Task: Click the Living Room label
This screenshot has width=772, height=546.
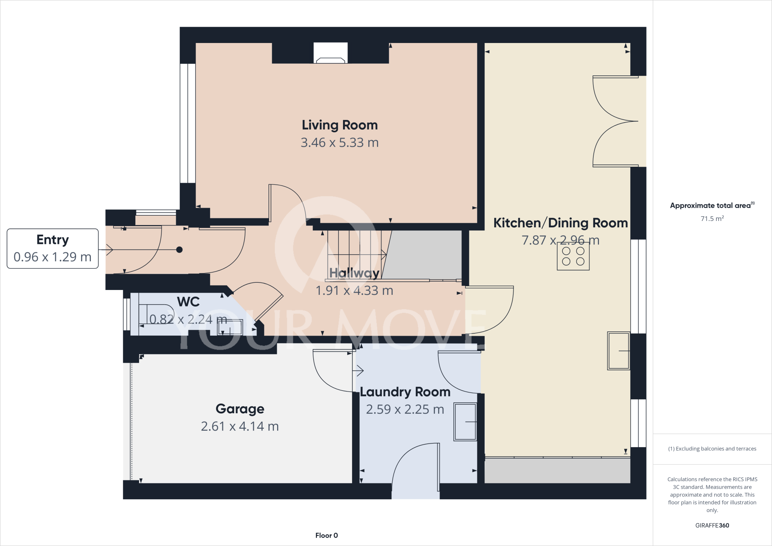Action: [x=340, y=125]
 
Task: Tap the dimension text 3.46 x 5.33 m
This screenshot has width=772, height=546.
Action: [x=340, y=143]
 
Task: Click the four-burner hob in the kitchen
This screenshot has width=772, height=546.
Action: [x=573, y=256]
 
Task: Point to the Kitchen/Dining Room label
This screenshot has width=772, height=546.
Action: [x=561, y=223]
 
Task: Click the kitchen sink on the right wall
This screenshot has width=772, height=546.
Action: [x=618, y=351]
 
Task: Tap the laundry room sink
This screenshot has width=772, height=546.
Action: [x=465, y=422]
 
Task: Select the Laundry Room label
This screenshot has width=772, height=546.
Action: [x=405, y=392]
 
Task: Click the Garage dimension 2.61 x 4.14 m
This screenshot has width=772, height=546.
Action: [x=240, y=426]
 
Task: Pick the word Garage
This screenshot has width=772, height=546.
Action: [x=240, y=409]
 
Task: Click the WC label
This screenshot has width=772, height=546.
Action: [x=188, y=302]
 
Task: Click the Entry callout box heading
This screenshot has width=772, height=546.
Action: [x=52, y=240]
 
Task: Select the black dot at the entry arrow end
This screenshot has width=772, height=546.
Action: [x=179, y=250]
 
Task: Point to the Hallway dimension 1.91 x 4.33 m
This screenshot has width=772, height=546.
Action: [x=354, y=291]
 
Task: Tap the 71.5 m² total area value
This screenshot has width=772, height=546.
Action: [x=712, y=219]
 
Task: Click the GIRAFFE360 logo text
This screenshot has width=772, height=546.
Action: [x=712, y=525]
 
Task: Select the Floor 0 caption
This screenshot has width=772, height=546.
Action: [x=326, y=535]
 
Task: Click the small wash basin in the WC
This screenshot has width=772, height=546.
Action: [x=230, y=327]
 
